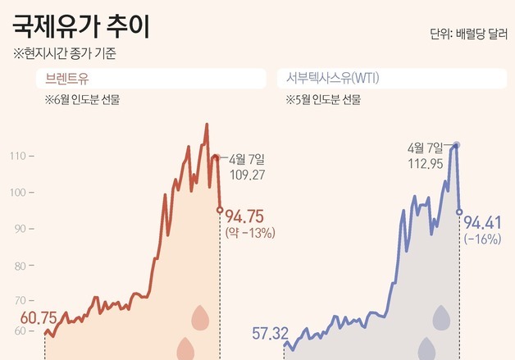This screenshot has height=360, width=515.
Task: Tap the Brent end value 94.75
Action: pos(244,216)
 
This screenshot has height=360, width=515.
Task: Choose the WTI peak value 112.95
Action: pos(425,162)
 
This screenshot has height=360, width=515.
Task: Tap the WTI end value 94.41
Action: pos(483,222)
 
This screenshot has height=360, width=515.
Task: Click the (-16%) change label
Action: pos(482,239)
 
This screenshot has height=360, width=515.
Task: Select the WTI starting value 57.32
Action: pos(270,333)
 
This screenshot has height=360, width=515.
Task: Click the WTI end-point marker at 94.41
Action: pos(459,212)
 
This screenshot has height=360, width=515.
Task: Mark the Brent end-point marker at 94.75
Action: pos(219,210)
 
